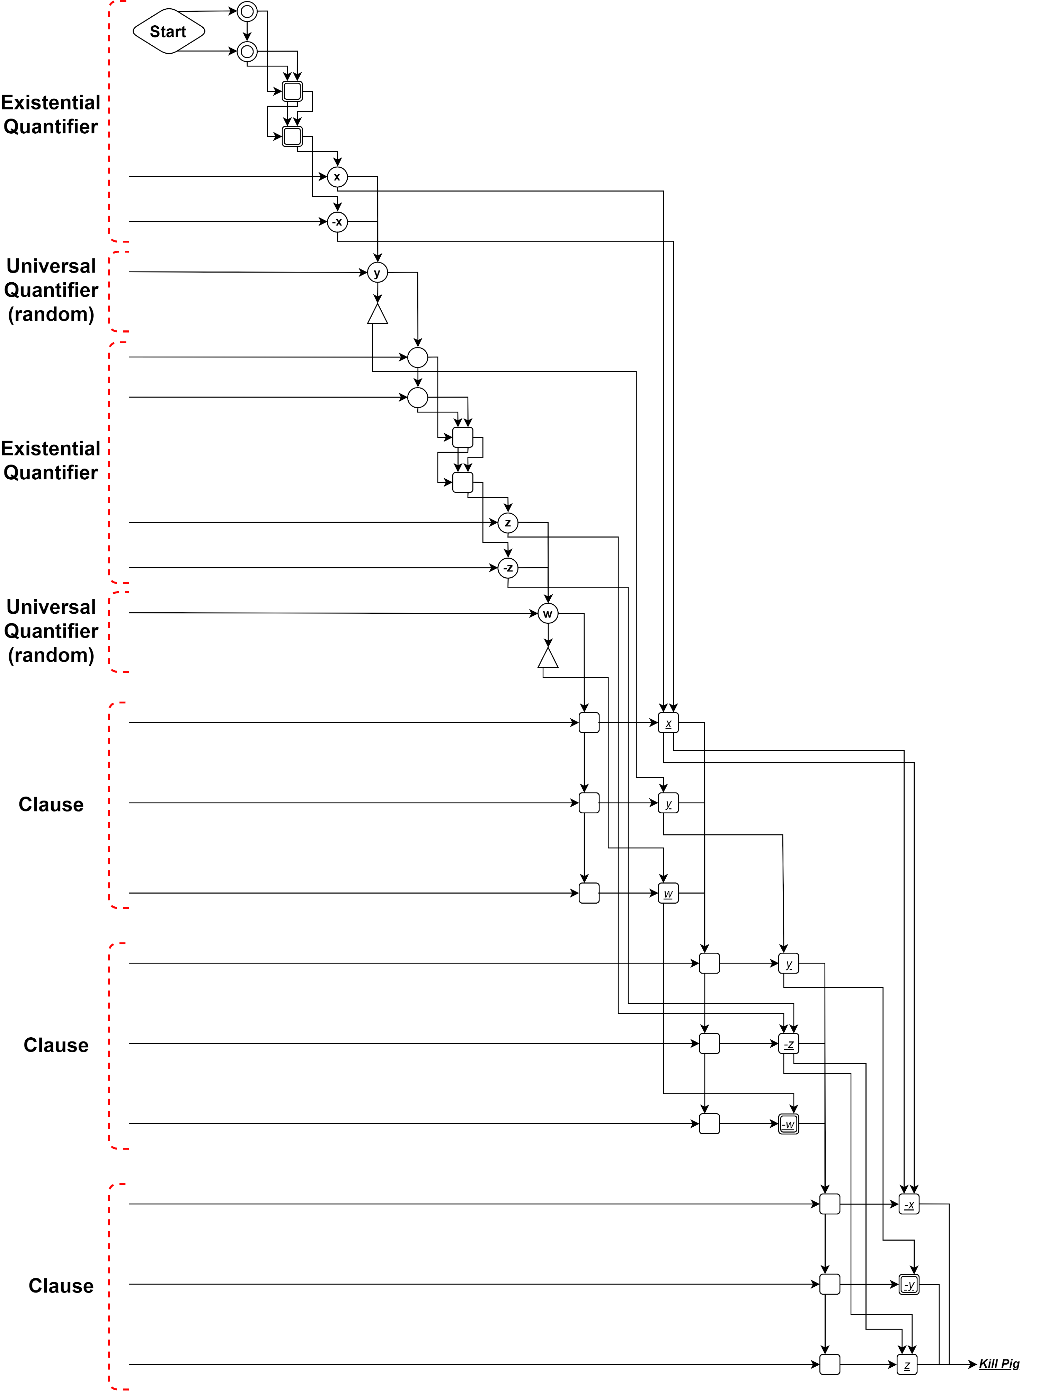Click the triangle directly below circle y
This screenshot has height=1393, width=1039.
[x=378, y=314]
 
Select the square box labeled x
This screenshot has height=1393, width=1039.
[x=668, y=723]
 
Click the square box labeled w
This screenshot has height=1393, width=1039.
[x=668, y=894]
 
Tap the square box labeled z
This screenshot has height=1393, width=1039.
[x=907, y=1365]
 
